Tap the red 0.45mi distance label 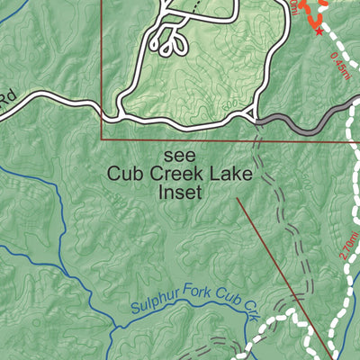tap(341, 64)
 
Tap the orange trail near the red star tap(310, 13)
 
